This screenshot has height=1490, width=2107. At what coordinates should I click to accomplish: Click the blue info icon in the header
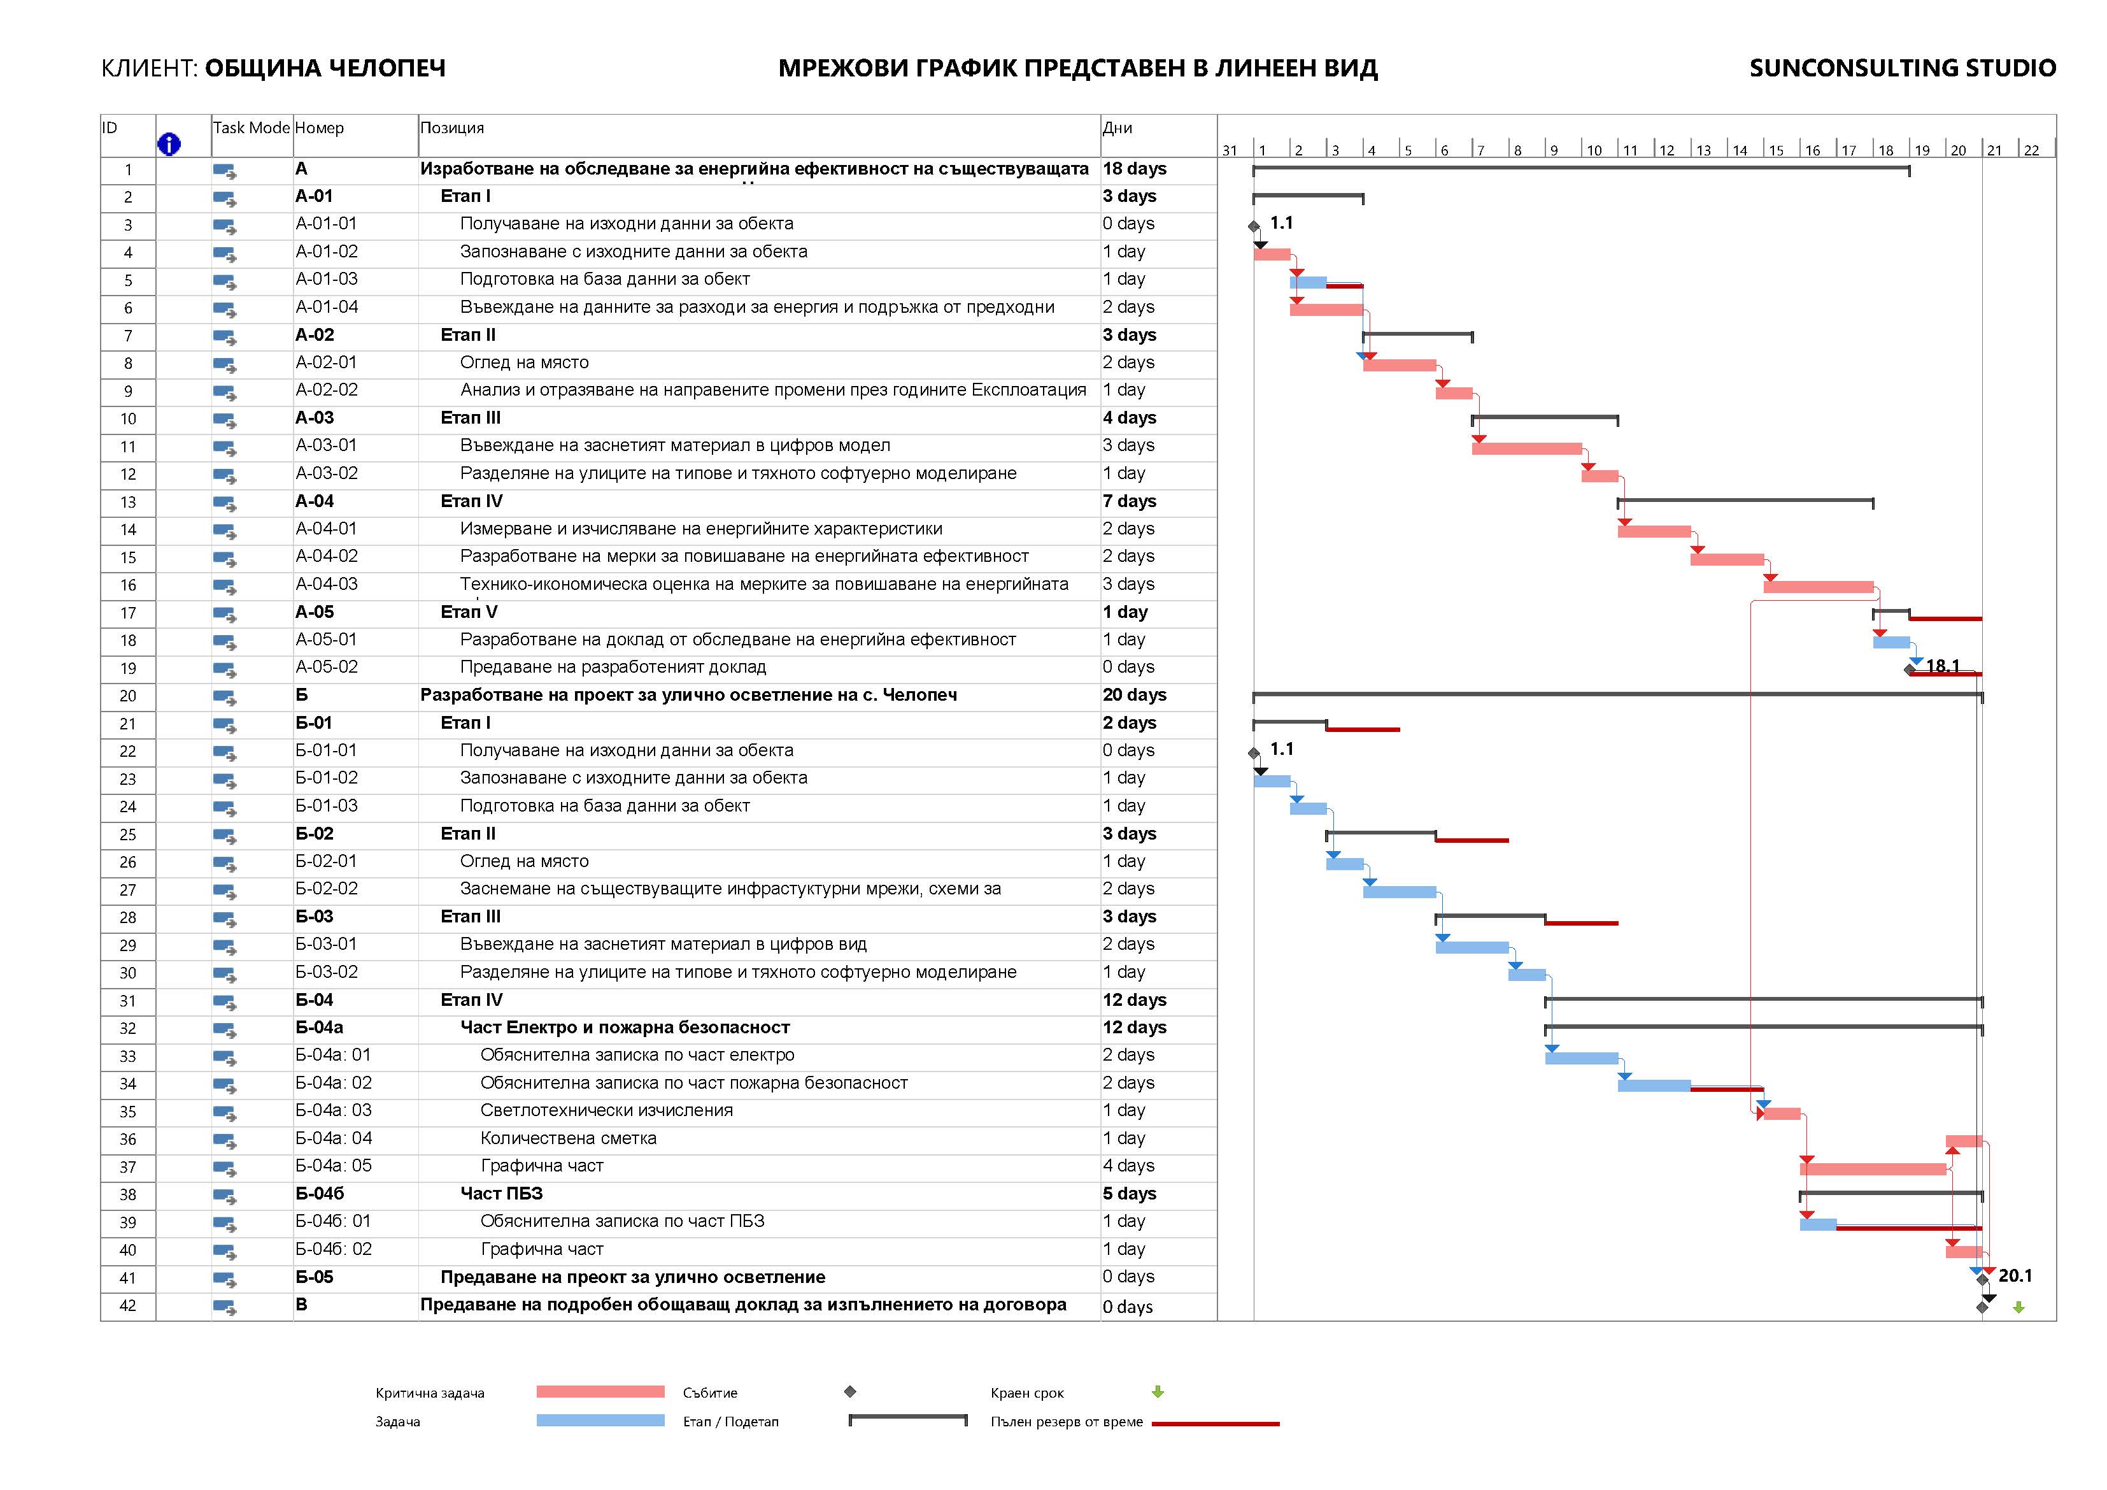pos(169,144)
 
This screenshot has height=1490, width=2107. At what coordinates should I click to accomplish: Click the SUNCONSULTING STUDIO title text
pos(1903,68)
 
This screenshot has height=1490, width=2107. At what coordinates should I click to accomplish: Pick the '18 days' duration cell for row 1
pos(1134,169)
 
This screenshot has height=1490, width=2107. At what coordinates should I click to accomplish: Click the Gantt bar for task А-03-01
pos(1526,449)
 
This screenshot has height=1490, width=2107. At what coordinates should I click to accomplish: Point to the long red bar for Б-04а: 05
pos(1872,1170)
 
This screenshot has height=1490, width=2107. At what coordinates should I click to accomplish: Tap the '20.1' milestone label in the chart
pos(2015,1276)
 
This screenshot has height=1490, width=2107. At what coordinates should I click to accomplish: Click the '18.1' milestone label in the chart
pos(1943,666)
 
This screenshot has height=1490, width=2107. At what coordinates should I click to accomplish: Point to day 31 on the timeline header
pos(1230,150)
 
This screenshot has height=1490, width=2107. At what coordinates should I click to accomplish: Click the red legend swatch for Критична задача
pos(600,1392)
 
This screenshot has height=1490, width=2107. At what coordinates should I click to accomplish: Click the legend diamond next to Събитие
pos(850,1392)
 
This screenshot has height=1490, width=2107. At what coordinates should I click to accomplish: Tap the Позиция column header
pos(453,127)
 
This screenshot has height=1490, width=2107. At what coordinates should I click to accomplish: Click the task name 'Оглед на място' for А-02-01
pos(524,362)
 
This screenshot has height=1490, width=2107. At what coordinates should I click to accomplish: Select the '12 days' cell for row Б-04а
pos(1134,1028)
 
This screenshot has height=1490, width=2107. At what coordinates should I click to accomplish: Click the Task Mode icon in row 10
pos(225,420)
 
